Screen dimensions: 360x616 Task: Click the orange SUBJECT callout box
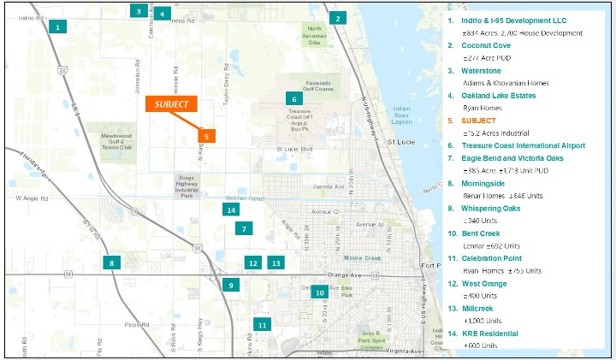(x=171, y=103)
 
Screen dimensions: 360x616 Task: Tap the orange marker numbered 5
(x=206, y=135)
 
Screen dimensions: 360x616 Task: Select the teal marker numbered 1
(x=57, y=27)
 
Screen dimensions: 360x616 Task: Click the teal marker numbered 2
(x=338, y=18)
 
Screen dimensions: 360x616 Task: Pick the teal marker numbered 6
(x=292, y=99)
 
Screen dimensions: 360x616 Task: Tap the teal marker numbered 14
(x=230, y=210)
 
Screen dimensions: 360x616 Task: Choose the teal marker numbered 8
(x=111, y=263)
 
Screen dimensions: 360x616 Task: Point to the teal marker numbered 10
(x=319, y=292)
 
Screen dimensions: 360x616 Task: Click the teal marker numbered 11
(x=262, y=325)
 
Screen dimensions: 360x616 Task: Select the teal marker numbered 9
(x=230, y=286)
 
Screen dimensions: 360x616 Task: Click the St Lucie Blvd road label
(x=296, y=149)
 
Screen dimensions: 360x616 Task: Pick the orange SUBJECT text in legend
(x=478, y=121)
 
